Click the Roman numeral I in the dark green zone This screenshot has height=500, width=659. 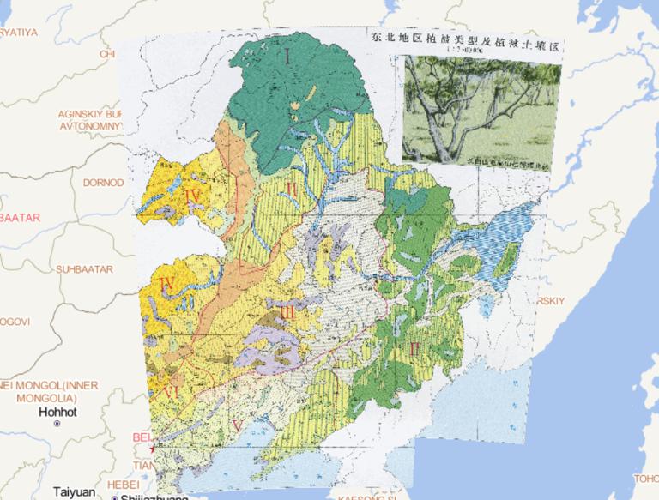coord(289,58)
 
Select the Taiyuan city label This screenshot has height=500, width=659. coord(74,491)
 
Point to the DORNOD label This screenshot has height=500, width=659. coord(103,182)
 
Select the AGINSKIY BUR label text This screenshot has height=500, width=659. coord(90,113)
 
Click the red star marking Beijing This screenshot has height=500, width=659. coord(153,449)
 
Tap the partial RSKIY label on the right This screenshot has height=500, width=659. coord(549,301)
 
